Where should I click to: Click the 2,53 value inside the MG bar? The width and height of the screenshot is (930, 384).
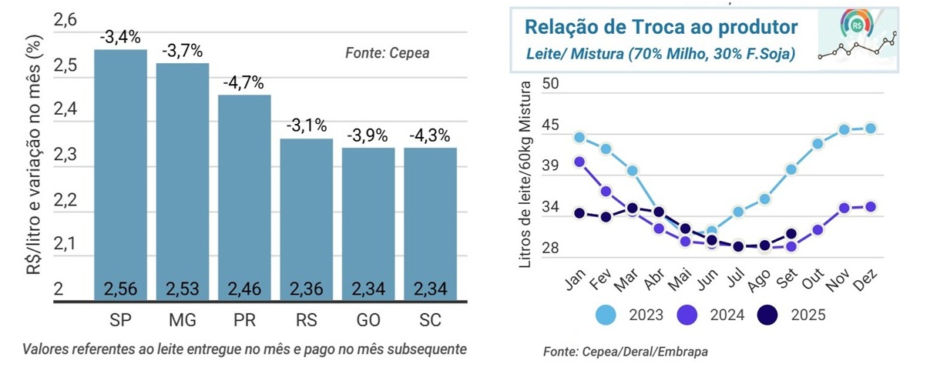[182, 290]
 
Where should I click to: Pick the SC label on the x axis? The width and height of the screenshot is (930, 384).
[430, 319]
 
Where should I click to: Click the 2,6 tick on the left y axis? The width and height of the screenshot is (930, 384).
[65, 21]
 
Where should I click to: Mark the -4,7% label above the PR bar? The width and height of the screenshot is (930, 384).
[243, 82]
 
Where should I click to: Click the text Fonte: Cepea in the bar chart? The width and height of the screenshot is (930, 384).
[386, 54]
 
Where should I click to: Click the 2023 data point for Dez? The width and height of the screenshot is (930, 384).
[871, 129]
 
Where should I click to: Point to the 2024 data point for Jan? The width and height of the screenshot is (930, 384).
[579, 162]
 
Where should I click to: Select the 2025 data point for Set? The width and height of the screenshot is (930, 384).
[791, 234]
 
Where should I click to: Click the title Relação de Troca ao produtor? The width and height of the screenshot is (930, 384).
[660, 28]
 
